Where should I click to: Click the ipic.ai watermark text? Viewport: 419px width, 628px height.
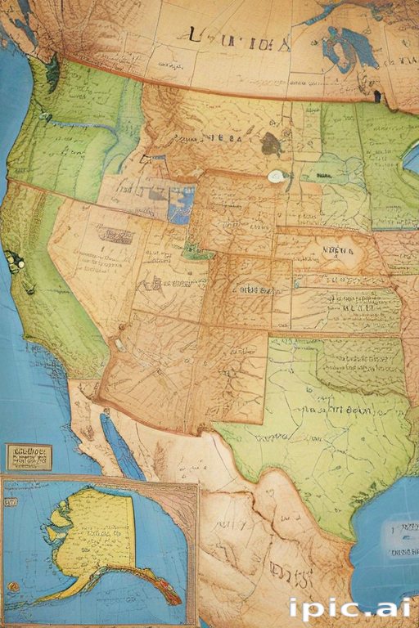click(x=349, y=609)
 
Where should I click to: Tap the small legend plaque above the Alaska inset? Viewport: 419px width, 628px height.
click(x=29, y=457)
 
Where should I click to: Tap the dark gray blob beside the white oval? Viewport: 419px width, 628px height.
click(x=271, y=145)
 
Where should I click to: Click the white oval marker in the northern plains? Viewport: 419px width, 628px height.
click(x=277, y=176)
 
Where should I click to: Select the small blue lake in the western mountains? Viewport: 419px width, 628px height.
click(x=181, y=204)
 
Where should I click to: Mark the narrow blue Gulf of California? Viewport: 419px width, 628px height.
click(x=120, y=446)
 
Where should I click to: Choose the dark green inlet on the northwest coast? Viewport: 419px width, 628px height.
click(x=53, y=74)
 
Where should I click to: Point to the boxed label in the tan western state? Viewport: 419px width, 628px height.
click(x=115, y=235)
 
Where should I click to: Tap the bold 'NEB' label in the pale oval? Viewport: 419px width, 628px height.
click(x=336, y=251)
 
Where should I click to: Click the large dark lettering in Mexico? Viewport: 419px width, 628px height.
click(x=291, y=577)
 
